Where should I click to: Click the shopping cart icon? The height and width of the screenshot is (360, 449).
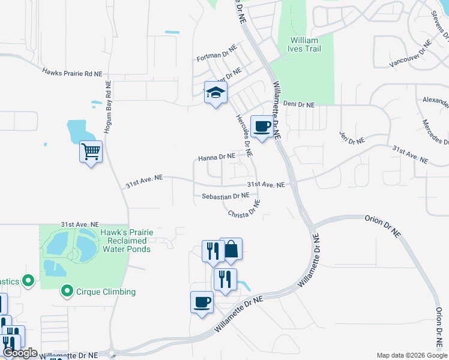coord(91,151)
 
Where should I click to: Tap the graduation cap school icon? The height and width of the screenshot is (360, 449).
coord(215,93)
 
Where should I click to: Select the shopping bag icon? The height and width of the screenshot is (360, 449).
coord(231,249)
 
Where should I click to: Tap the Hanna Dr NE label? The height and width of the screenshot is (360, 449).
coord(217,157)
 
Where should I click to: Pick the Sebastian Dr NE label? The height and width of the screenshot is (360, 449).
coord(225,196)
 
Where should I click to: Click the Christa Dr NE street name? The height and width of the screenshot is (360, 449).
coord(244,209)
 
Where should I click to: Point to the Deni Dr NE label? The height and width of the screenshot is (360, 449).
coord(299,104)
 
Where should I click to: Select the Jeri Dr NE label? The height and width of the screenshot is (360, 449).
coord(352,137)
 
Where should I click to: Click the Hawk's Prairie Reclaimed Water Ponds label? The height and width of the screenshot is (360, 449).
coord(127,240)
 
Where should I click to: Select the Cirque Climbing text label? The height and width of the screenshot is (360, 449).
coord(106,292)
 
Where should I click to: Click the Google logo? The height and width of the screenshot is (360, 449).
coord(20,352)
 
